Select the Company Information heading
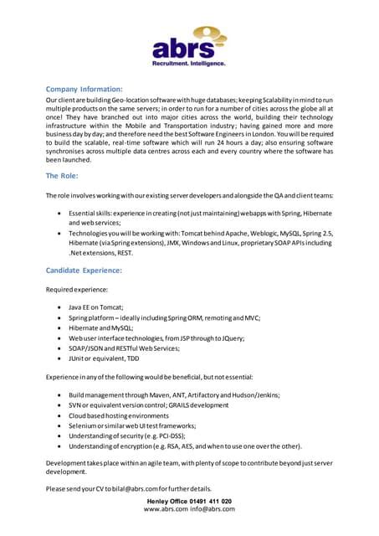point(85,87)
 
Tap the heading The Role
point(64,176)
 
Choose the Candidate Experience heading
point(84,271)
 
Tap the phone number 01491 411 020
point(209,501)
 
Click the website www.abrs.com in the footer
point(165,509)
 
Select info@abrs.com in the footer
point(213,509)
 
